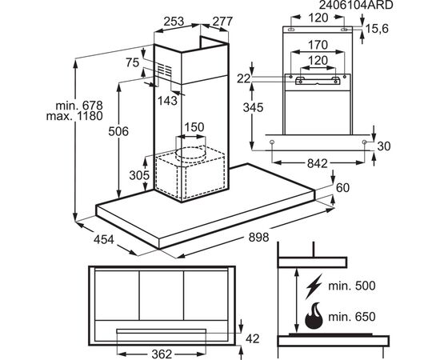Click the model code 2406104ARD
[x=356, y=5]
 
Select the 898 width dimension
[x=258, y=238]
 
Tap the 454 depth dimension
[x=104, y=240]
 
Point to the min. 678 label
[x=79, y=106]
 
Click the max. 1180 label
[x=74, y=116]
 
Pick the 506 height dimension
[x=118, y=131]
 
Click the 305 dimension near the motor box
[x=139, y=175]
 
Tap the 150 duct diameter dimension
[x=194, y=127]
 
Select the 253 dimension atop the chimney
[x=174, y=22]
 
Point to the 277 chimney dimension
[x=222, y=22]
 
